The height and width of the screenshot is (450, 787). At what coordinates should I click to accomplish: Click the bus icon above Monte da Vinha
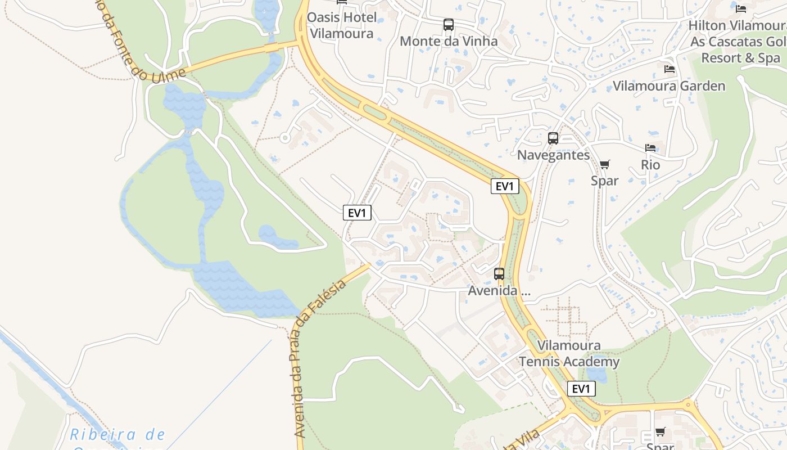pos(448,25)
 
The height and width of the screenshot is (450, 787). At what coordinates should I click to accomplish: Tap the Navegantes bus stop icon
pos(553,138)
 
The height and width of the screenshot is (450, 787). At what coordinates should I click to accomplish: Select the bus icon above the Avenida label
pos(499,274)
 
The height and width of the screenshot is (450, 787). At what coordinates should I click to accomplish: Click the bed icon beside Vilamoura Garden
pos(670,69)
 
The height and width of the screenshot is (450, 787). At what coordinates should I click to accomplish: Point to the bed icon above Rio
pos(650,148)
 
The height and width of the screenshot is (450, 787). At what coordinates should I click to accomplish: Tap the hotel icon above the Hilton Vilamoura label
pos(741,8)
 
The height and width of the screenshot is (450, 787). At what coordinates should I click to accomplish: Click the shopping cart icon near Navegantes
pos(605,164)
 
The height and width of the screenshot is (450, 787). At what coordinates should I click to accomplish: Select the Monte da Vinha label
pos(449,41)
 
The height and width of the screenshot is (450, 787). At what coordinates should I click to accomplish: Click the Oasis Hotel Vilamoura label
pos(342,25)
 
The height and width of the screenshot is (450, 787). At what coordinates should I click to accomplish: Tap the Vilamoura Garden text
pos(669,86)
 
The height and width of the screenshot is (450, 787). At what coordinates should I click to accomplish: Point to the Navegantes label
pos(554,155)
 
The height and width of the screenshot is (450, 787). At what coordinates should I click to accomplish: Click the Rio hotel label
pos(650,165)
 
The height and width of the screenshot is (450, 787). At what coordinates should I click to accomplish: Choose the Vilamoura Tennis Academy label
pos(569,354)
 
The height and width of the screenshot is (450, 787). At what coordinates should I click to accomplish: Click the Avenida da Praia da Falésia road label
pos(319,360)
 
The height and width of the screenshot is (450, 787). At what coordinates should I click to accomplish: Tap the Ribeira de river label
pos(118,435)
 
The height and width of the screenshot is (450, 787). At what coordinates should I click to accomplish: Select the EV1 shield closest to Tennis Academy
pos(581,389)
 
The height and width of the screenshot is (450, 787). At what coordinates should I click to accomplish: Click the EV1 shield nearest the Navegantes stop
pos(505,186)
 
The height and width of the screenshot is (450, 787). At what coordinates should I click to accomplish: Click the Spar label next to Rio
pos(605,181)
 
